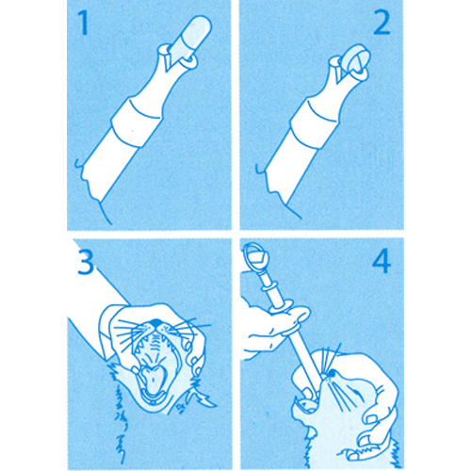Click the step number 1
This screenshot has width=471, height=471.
tap(83, 23)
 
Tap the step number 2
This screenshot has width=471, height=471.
tap(382, 23)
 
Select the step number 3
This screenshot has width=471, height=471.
tap(86, 263)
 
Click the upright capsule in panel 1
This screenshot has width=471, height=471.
tap(192, 35)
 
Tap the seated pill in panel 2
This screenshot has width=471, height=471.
tap(357, 59)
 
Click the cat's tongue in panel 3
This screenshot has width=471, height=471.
tap(153, 380)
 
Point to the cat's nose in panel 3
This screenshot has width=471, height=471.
tap(155, 322)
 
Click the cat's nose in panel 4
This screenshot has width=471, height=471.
tap(331, 374)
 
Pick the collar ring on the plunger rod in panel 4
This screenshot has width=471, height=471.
tap(270, 286)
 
